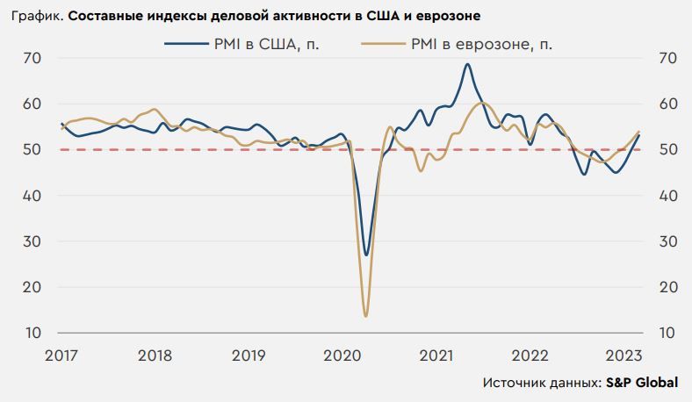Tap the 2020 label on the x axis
(342, 355)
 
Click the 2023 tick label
(624, 355)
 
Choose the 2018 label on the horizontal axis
(155, 355)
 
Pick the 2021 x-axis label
(436, 355)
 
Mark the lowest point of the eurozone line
(365, 315)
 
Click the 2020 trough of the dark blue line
(366, 255)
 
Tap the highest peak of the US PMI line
(467, 64)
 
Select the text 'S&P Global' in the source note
(642, 384)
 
